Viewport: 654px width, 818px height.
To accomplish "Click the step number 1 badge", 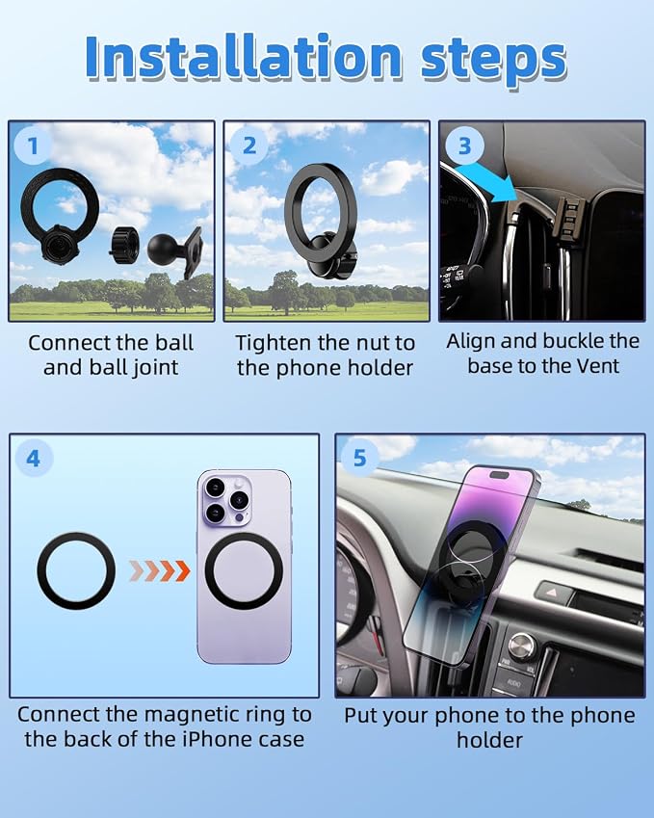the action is click(x=33, y=145).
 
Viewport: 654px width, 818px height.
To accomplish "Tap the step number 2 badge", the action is click(x=249, y=145).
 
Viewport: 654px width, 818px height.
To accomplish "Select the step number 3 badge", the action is click(x=464, y=145).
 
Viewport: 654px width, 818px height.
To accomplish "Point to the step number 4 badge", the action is click(x=34, y=459).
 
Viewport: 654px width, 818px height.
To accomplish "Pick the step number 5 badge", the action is click(x=360, y=458).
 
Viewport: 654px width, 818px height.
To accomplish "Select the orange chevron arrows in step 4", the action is click(x=160, y=571).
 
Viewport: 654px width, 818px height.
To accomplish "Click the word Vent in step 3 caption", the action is click(x=599, y=366).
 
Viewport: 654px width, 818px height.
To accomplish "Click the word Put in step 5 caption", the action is click(x=360, y=715).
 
